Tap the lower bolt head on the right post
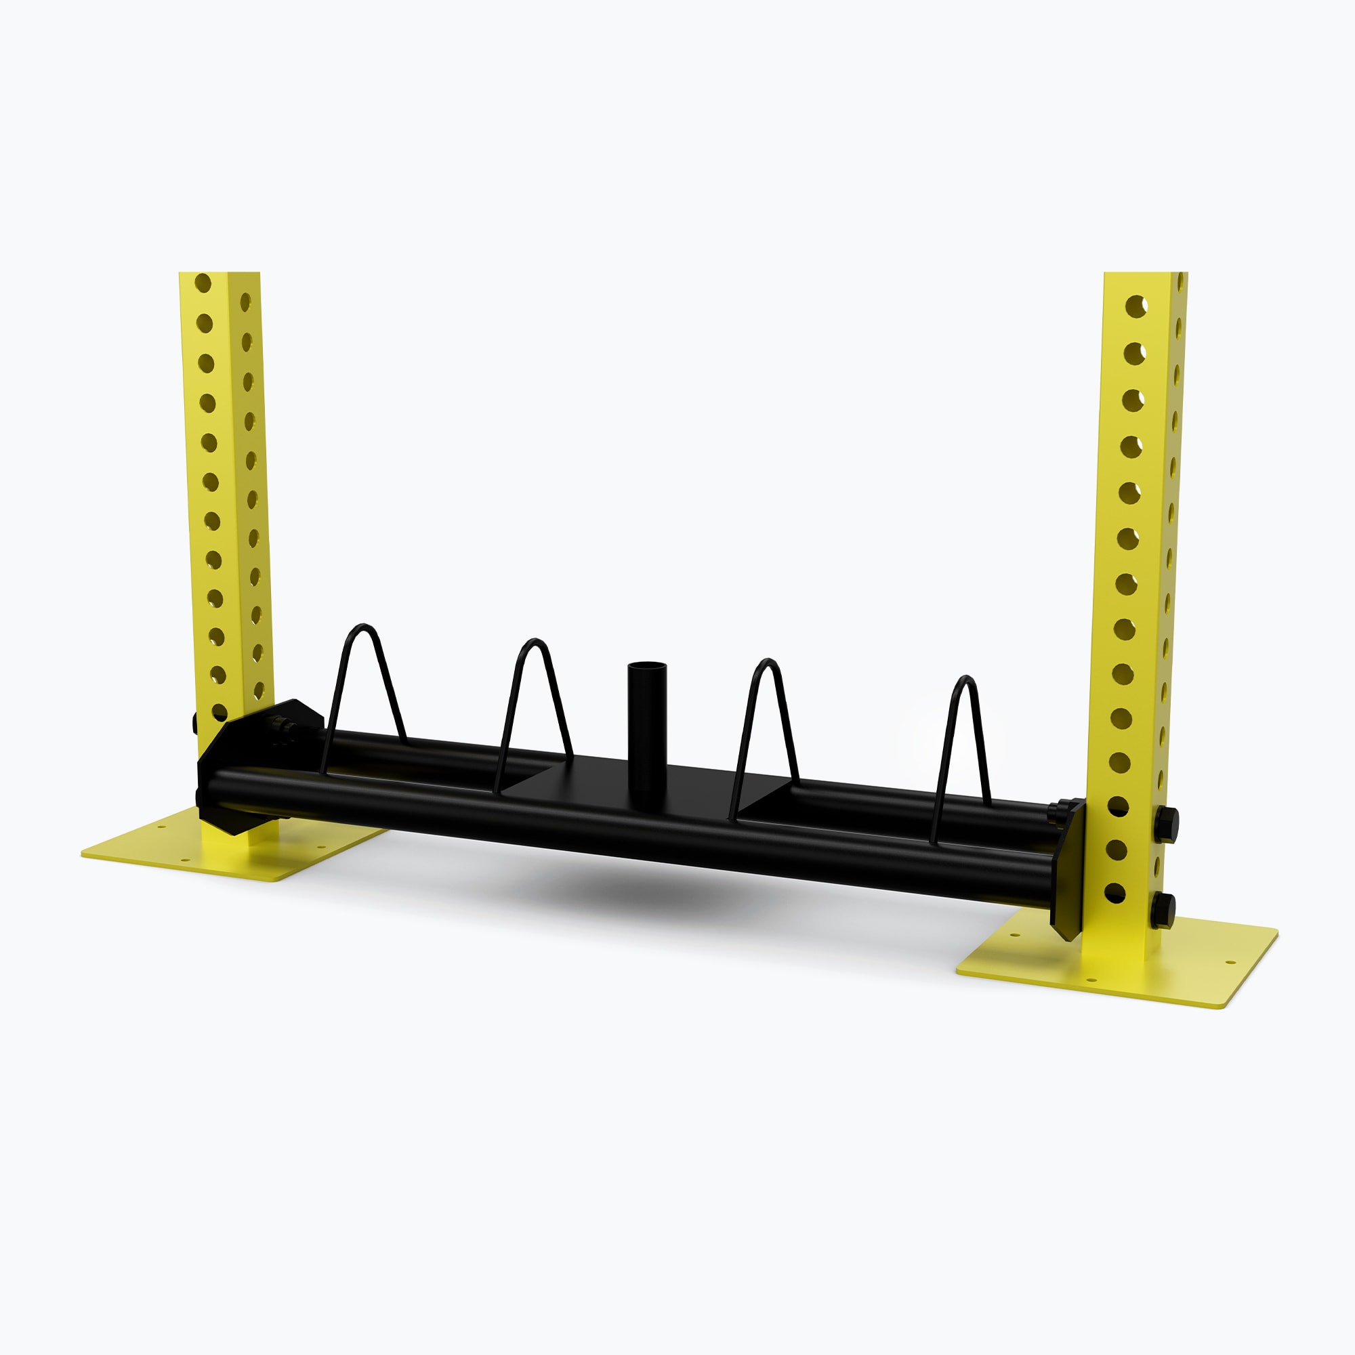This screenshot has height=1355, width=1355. [1163, 911]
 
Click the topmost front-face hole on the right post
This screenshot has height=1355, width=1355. [1136, 306]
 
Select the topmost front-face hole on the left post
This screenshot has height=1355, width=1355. [203, 283]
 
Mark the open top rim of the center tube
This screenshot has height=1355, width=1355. [646, 665]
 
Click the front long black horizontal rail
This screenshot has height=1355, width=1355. [631, 828]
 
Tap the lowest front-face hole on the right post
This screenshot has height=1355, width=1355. [1114, 894]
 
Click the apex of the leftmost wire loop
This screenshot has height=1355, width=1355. [363, 626]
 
